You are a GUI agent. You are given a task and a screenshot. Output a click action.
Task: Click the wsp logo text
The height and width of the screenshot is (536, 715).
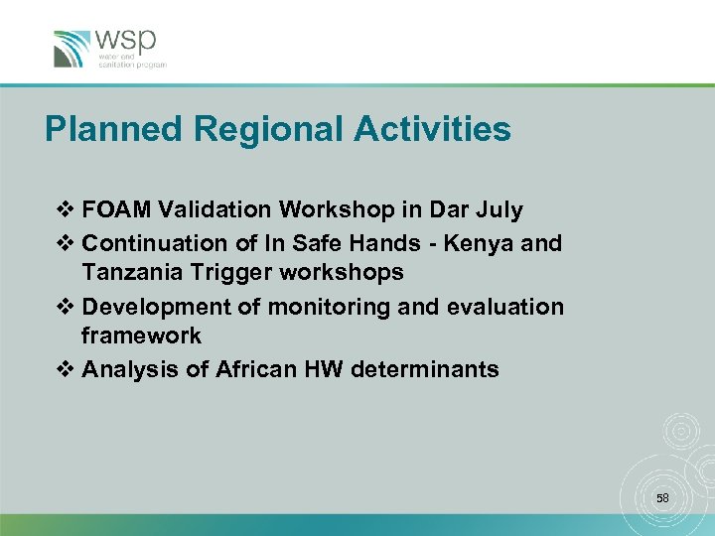click(x=125, y=43)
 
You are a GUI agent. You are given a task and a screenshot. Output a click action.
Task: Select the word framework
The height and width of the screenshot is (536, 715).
click(x=141, y=336)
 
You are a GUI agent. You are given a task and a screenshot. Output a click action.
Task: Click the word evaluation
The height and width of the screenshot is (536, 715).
click(x=506, y=307)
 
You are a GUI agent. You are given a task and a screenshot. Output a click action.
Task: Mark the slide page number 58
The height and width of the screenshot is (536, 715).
click(x=662, y=496)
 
